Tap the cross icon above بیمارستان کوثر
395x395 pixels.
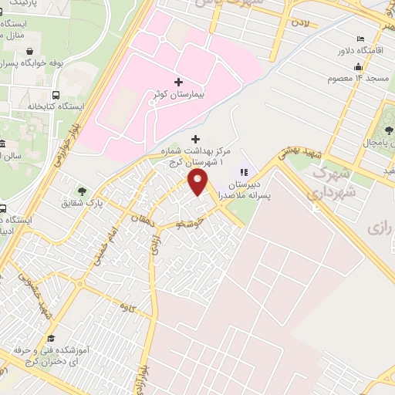coord(179,81)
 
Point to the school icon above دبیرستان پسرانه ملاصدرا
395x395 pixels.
coord(245,172)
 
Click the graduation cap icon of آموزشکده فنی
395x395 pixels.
coord(52,337)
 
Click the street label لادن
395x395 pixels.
coord(299,24)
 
